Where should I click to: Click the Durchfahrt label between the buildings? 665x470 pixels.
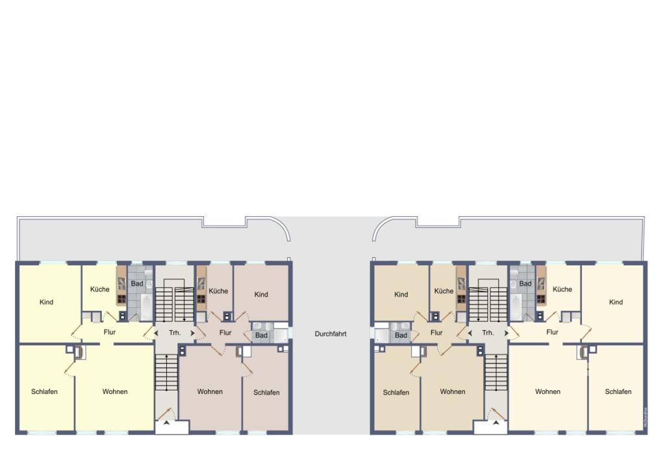click(331, 334)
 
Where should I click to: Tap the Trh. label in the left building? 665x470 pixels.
click(174, 332)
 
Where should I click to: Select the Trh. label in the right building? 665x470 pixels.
click(488, 332)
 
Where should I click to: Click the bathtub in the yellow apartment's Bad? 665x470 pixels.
click(145, 306)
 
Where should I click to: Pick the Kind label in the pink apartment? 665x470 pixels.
click(261, 295)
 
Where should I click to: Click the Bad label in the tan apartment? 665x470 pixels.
click(401, 336)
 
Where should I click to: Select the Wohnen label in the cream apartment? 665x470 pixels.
click(547, 391)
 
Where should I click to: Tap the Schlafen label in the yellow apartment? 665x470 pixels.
click(44, 391)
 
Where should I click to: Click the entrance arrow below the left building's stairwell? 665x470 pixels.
click(165, 423)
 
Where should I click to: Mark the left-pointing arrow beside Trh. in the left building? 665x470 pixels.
click(156, 333)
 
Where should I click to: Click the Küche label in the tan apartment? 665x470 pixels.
click(444, 291)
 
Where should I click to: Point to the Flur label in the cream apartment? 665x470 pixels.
click(552, 332)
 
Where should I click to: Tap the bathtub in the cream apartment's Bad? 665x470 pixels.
click(516, 305)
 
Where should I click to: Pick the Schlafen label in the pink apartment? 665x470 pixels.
click(266, 392)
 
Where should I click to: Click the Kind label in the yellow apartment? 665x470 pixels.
click(46, 302)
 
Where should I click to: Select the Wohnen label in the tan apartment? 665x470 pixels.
click(452, 391)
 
